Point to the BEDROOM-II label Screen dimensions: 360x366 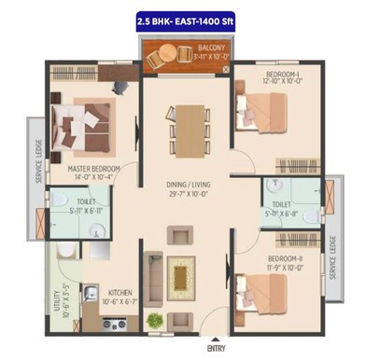pos(285,257)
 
